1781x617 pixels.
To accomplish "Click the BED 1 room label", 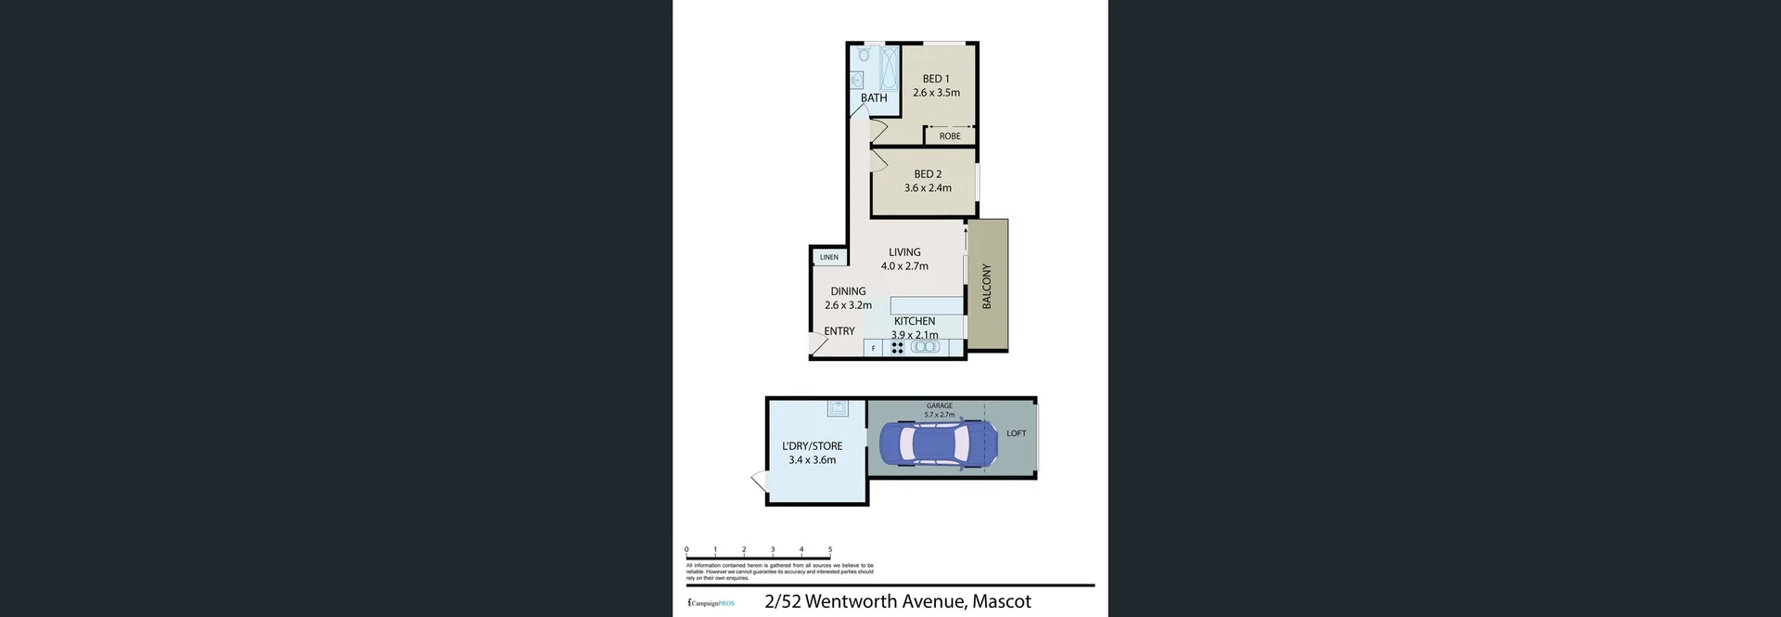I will point(935,79).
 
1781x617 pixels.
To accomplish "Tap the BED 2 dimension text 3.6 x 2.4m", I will point(928,188).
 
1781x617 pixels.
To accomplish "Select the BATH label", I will point(874,98).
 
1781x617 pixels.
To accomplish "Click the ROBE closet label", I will point(950,136).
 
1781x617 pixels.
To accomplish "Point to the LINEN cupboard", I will point(829,257).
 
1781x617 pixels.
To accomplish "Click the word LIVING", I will point(904,252).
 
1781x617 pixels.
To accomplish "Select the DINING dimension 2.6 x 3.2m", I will point(848,305).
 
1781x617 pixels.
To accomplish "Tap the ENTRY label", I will point(839,331).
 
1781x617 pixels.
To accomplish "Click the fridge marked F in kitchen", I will point(873,349).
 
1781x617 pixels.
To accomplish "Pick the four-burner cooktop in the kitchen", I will point(897,348).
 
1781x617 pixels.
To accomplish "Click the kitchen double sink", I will point(925,347).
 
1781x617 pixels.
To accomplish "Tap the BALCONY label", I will point(987,286).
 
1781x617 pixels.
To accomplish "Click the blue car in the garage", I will point(937,443).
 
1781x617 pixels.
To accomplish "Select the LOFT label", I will point(1017,433).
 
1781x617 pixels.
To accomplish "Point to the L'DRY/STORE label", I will point(813,446).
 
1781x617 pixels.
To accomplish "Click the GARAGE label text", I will point(939,405).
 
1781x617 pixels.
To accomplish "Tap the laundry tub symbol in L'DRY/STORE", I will point(838,408).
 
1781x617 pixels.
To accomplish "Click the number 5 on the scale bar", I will point(830,549).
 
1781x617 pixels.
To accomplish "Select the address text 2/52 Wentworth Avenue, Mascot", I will point(898,601).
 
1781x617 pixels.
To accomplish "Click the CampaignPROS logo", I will point(711,603).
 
